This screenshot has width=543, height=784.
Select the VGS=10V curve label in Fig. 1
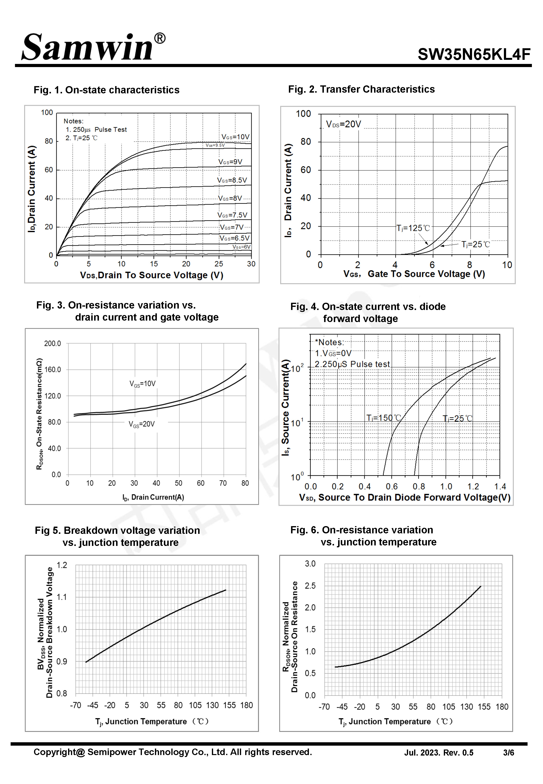[x=236, y=137]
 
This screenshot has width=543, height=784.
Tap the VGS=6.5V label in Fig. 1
[x=234, y=238]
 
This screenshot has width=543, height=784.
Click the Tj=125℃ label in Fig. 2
[x=413, y=228]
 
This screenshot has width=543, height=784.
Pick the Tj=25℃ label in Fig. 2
[x=475, y=244]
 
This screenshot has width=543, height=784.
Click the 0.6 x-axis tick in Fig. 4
[x=392, y=487]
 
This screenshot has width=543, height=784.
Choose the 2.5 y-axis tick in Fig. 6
[x=310, y=586]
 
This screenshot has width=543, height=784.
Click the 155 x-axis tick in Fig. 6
[x=484, y=707]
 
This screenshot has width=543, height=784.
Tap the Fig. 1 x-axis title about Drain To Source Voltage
[x=151, y=275]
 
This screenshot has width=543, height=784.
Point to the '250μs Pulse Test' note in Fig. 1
[x=96, y=130]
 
